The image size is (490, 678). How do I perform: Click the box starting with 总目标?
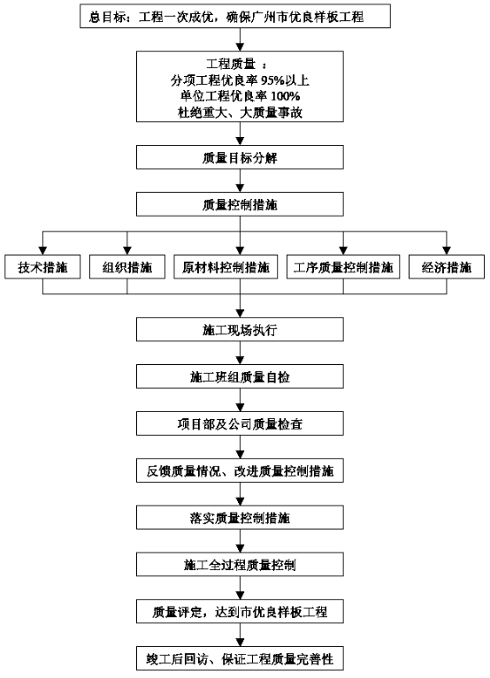point(235,17)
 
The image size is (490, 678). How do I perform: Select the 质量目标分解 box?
point(240,157)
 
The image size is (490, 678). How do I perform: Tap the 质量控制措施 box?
point(240,204)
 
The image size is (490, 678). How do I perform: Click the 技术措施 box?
point(42,267)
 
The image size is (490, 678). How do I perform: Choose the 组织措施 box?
point(127,267)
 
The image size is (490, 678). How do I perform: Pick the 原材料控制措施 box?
point(226,267)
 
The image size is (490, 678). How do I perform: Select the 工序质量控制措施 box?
point(343,267)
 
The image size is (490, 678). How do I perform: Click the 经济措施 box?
point(447,267)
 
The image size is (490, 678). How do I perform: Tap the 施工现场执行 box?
point(240,330)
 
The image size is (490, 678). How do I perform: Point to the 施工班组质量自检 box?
point(240,377)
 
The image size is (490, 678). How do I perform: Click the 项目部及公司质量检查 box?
point(240,423)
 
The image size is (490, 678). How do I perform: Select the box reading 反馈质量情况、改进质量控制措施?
point(240,470)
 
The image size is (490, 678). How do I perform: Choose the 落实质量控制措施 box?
point(240,518)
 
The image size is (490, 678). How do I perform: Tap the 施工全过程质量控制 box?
point(240,564)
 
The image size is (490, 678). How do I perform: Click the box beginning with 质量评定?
point(240,612)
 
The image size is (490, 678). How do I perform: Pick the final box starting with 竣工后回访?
point(240,659)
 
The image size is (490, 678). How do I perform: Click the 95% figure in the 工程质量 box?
point(272,80)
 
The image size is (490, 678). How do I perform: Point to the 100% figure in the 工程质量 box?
point(286,96)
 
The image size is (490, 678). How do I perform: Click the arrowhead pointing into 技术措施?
point(42,251)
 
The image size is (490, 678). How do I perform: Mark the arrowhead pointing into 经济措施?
point(447,251)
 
